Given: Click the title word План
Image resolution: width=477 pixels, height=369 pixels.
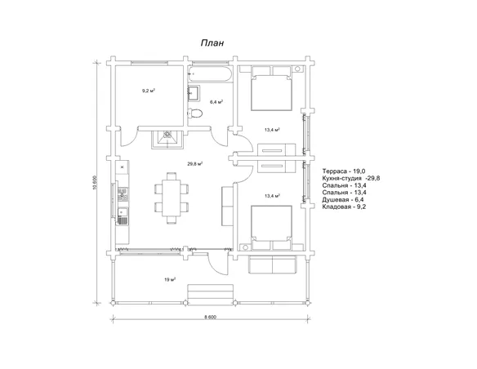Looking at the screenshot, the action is (212, 43).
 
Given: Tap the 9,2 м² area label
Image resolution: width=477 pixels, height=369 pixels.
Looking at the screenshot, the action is (149, 91).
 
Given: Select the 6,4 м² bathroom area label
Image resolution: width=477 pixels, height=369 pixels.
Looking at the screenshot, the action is (216, 102).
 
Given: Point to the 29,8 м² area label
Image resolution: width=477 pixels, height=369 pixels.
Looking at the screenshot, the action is (195, 163).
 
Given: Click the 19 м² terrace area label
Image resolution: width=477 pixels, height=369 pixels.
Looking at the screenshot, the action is (170, 279).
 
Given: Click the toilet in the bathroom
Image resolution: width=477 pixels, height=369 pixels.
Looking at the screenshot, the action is (195, 113).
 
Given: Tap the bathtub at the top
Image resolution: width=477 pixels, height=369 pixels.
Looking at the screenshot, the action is (210, 73).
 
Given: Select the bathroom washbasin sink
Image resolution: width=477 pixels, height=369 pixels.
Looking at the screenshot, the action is (194, 92).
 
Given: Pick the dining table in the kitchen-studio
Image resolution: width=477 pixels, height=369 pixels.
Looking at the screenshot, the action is (172, 198).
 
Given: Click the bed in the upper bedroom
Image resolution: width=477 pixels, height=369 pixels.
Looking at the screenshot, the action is (271, 88).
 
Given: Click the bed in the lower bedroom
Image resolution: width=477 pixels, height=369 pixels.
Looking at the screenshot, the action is (271, 228).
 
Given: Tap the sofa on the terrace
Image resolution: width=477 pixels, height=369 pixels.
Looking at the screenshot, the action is (273, 265).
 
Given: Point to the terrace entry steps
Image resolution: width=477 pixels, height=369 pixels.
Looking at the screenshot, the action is (211, 293).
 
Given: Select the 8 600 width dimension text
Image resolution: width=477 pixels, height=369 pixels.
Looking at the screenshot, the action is (210, 317).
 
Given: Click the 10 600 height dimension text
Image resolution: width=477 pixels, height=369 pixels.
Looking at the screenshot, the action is (95, 182).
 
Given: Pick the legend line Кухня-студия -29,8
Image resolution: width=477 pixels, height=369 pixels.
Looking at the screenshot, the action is (351, 179).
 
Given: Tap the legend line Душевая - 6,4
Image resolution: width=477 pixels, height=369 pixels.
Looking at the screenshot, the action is (343, 200).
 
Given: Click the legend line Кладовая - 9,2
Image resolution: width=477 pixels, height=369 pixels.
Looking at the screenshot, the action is (344, 207).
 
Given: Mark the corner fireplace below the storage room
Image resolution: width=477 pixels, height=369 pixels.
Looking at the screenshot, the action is (167, 140).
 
